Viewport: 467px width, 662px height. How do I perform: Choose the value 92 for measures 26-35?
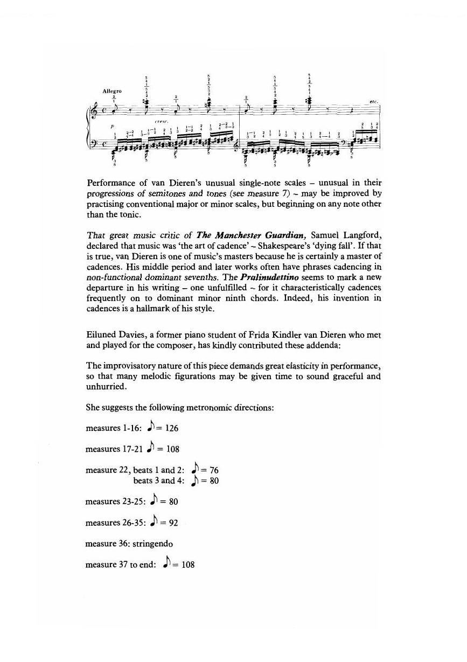171,522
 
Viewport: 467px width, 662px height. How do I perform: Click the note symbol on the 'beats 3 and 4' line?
196,480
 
